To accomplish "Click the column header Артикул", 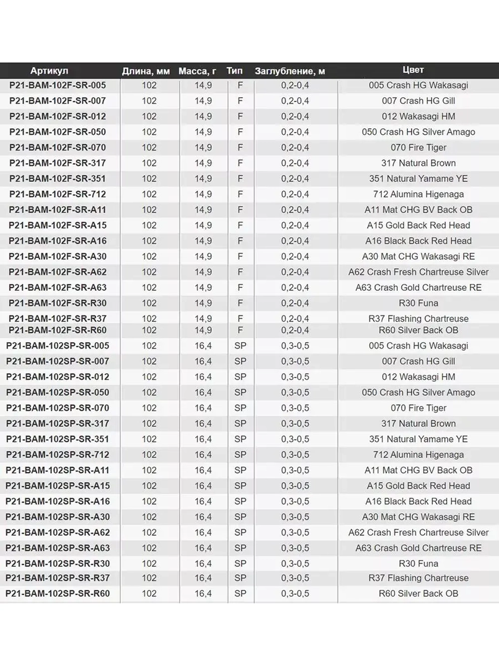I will tap(49, 71).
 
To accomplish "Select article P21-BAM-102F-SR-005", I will tap(57, 85).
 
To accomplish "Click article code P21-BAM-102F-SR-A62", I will tap(57, 272).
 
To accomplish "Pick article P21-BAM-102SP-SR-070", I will tap(57, 408).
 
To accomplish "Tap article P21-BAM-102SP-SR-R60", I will tap(57, 594).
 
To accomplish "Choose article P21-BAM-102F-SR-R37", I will tap(57, 318).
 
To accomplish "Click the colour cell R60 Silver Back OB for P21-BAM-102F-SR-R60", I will tap(418, 330).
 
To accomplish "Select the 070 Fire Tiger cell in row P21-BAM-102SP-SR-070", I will tap(418, 408).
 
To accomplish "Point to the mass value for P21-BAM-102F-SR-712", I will tap(203, 194).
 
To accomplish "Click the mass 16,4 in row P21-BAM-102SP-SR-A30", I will tap(203, 517).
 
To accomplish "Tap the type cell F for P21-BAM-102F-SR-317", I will tap(240, 163).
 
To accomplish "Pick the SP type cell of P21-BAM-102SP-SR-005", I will tap(240, 346).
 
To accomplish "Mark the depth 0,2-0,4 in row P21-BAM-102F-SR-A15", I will tap(295, 225).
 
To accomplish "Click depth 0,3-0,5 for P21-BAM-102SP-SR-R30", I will tap(295, 564).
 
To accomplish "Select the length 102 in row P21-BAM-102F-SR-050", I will tap(149, 132).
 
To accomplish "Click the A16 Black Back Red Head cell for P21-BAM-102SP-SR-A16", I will tap(418, 501).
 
